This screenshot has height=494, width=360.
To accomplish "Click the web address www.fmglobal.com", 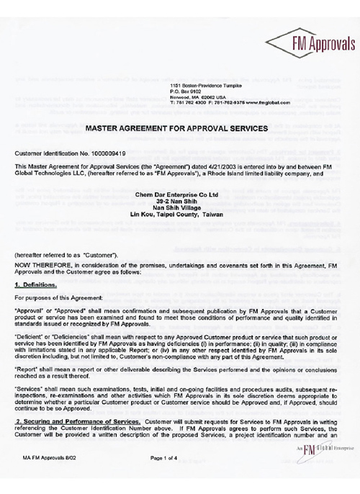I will coord(261,103).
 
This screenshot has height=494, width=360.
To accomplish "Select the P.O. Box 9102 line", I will coord(180,91).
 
